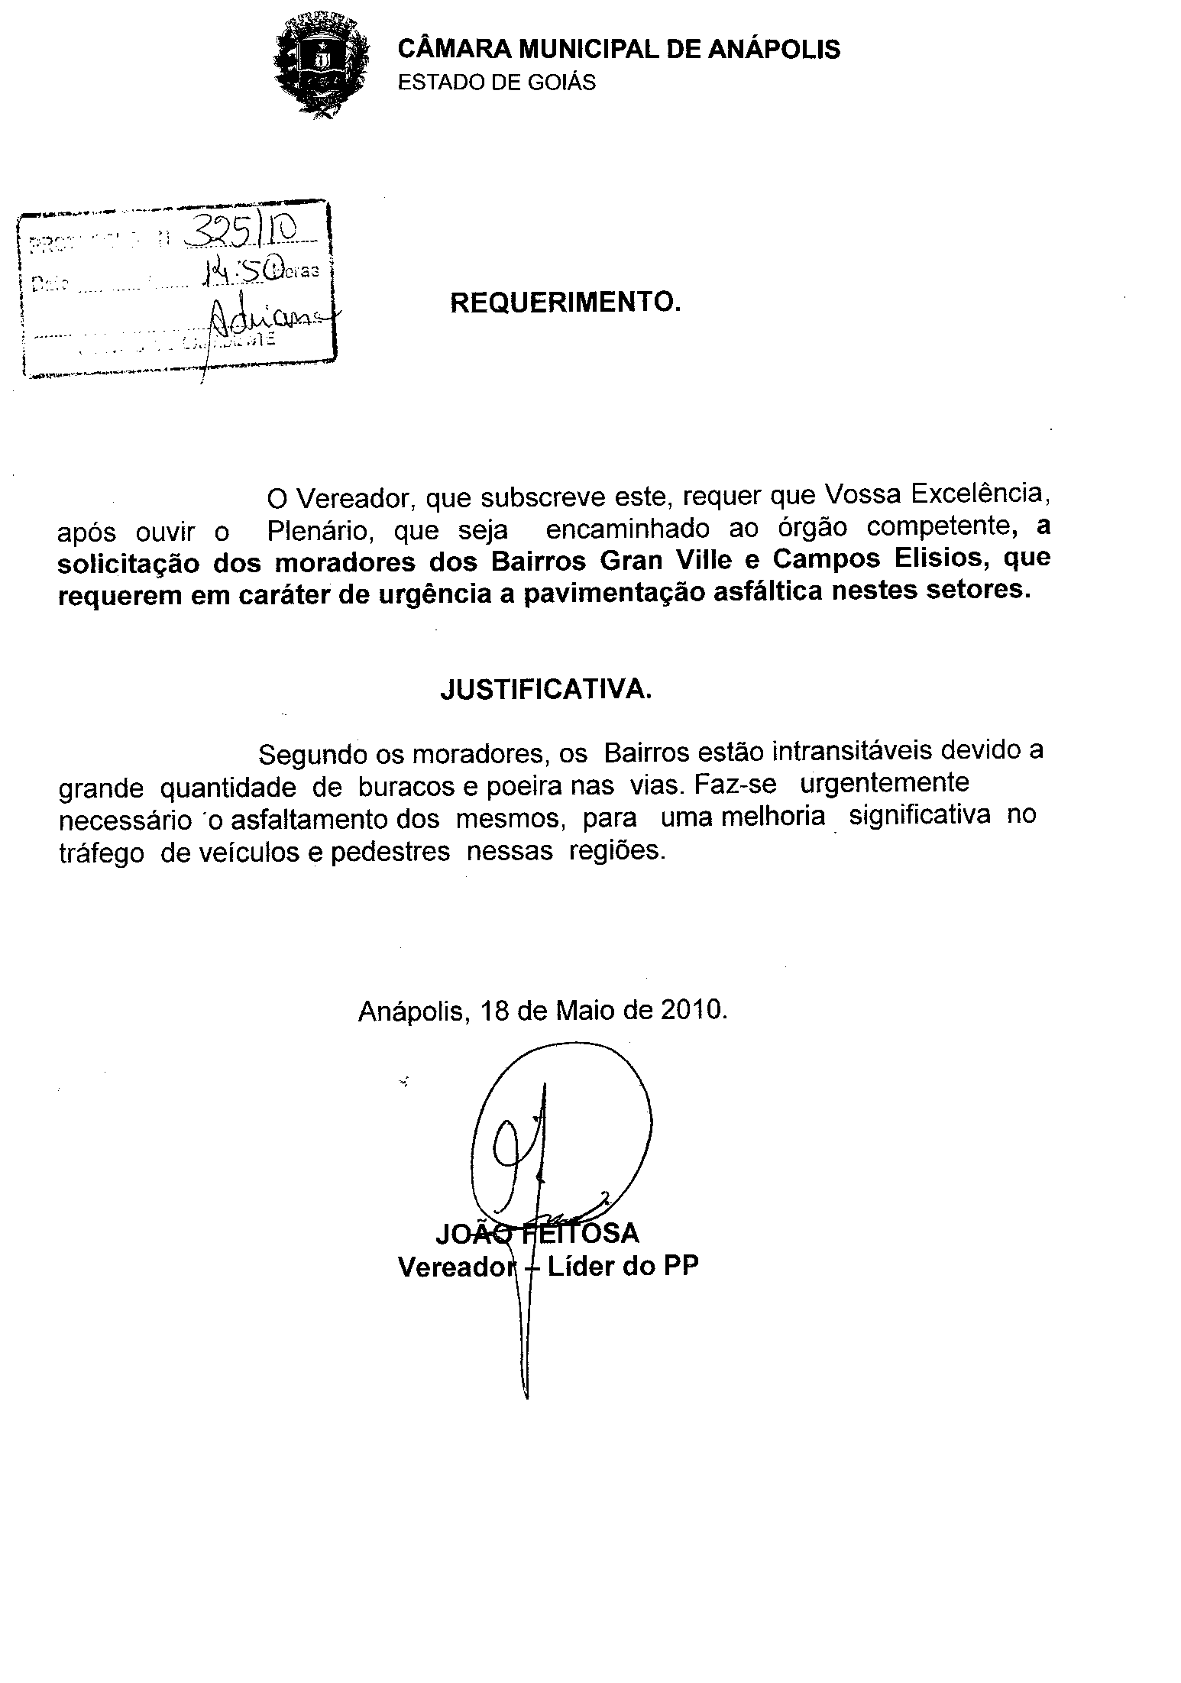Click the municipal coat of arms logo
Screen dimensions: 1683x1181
(x=322, y=64)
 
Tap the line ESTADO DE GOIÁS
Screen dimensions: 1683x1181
(x=497, y=83)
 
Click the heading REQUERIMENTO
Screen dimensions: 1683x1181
(x=565, y=303)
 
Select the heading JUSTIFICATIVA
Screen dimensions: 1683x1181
(x=546, y=691)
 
